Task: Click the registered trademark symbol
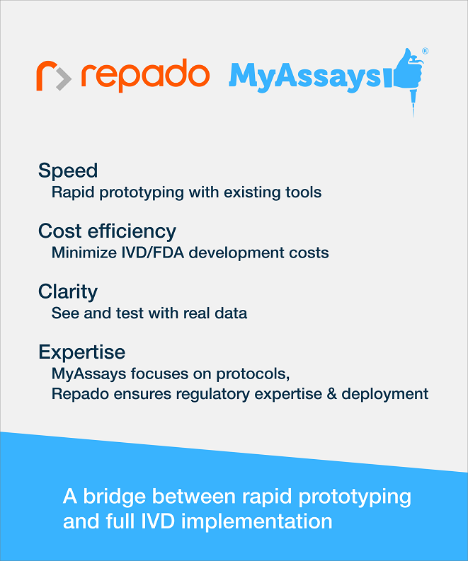[425, 51]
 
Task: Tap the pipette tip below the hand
[413, 103]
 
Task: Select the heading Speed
[68, 170]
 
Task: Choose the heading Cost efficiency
[107, 231]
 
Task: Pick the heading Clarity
[68, 292]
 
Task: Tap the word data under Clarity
[231, 313]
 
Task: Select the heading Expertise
[82, 352]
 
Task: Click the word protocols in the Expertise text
[253, 374]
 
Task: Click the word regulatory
[213, 395]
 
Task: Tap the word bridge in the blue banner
[115, 496]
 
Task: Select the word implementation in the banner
[257, 521]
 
